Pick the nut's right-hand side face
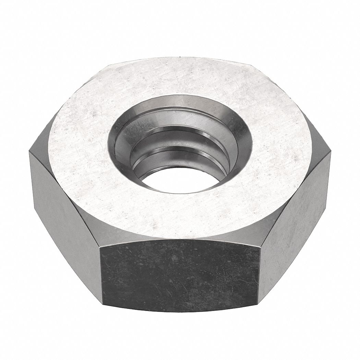tap(295, 213)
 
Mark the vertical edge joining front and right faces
tap(260, 271)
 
